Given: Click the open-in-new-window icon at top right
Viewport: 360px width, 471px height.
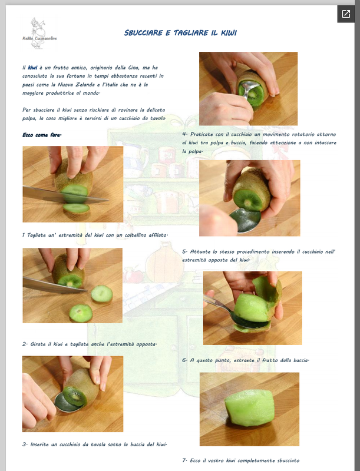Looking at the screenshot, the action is click(x=346, y=14).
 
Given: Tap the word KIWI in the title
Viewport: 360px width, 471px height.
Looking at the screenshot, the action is click(x=229, y=33).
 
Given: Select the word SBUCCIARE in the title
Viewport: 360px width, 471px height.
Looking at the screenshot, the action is click(x=143, y=33).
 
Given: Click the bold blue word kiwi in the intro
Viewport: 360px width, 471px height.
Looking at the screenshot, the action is click(x=33, y=68).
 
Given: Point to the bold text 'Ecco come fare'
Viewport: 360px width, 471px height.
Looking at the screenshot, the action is click(x=42, y=135).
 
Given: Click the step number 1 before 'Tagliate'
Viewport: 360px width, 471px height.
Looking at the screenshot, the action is click(x=24, y=235).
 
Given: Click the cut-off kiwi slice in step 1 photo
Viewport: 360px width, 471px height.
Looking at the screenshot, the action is click(x=76, y=208).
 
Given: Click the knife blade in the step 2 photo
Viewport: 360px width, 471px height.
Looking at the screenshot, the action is click(x=54, y=285).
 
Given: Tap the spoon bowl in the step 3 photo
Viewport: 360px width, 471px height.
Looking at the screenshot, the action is click(x=65, y=403).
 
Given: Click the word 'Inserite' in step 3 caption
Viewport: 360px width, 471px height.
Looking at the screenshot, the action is click(x=40, y=445).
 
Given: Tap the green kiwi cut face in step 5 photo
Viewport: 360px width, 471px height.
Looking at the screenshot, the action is click(x=248, y=199).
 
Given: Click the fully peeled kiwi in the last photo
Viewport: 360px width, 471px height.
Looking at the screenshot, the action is click(x=250, y=407).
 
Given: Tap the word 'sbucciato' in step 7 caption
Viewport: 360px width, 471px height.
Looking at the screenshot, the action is click(x=288, y=460).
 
